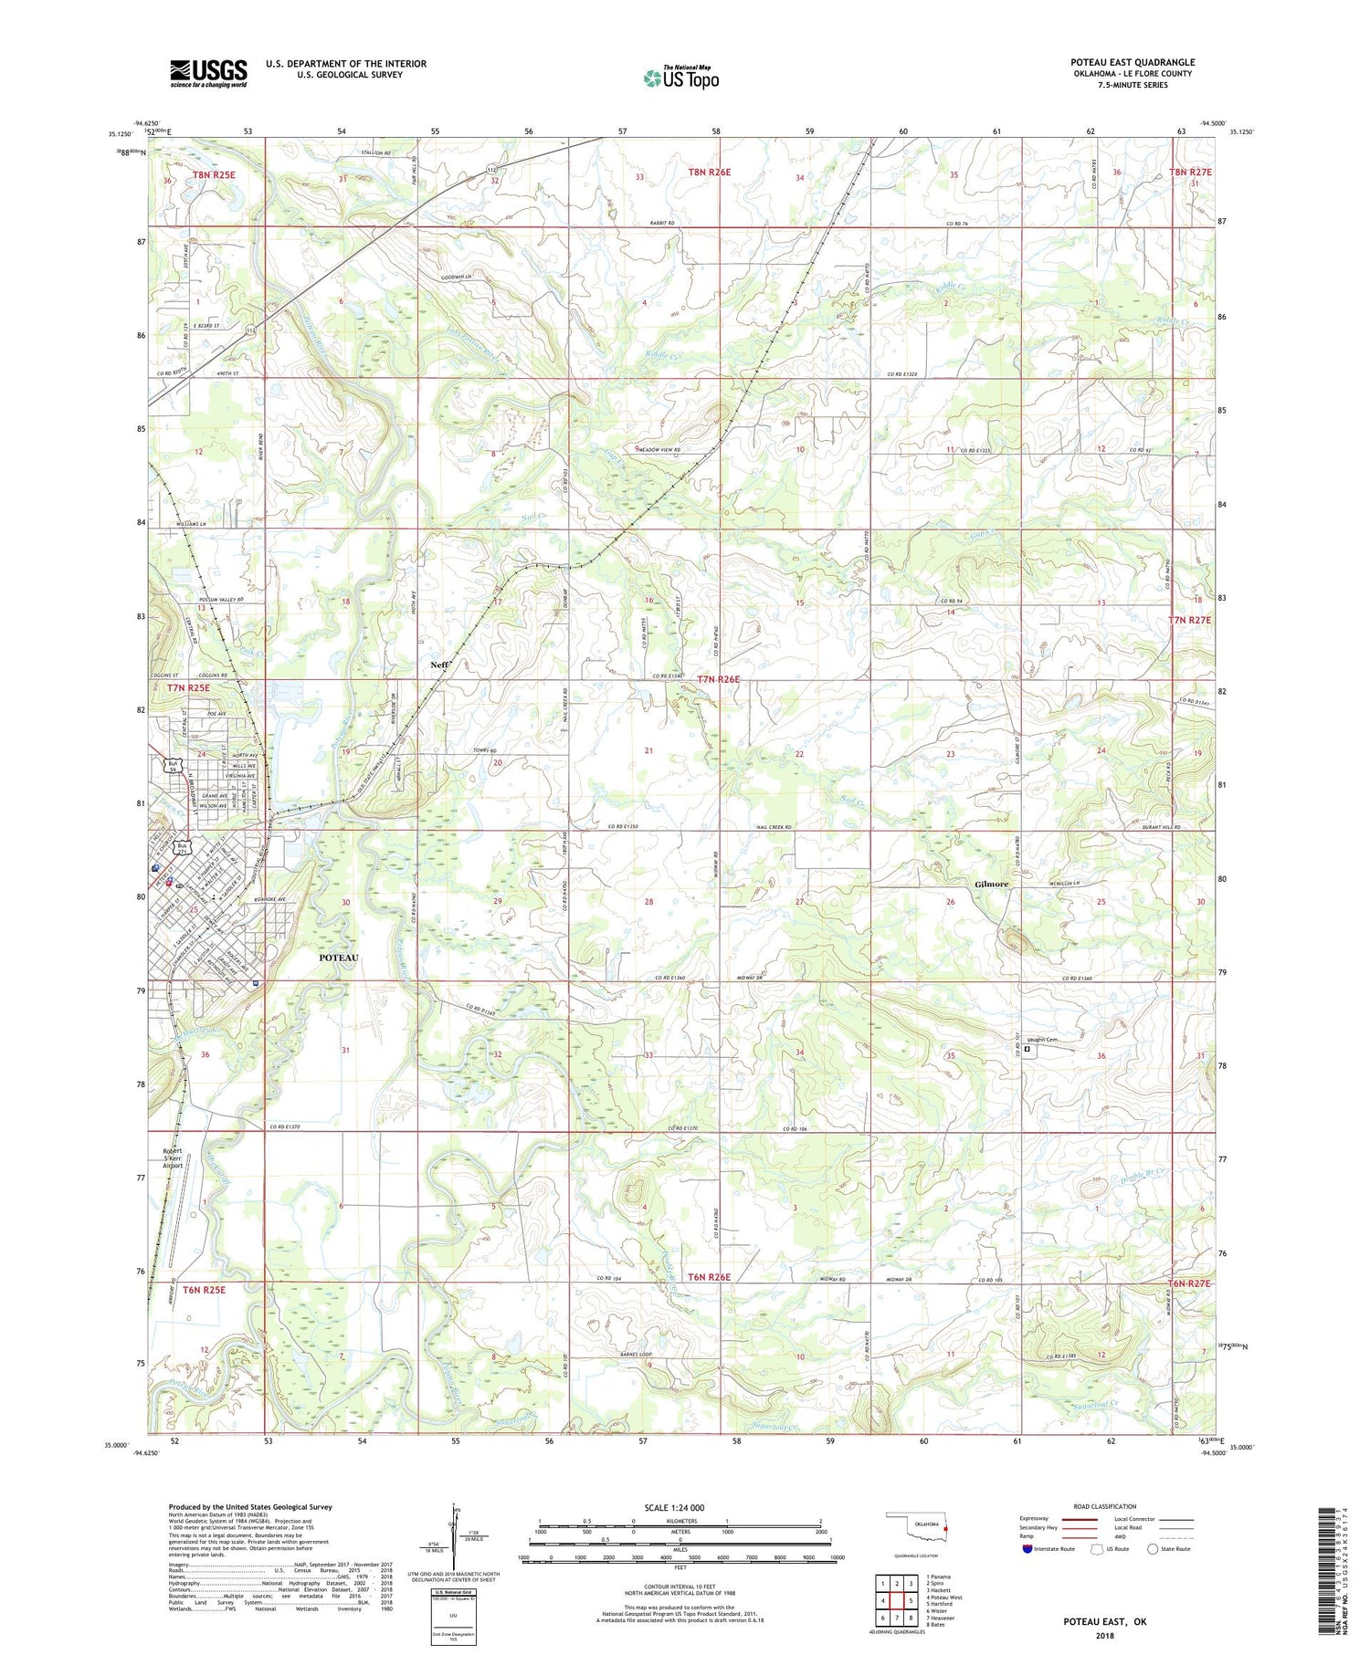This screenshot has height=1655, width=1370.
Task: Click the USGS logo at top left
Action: [208, 73]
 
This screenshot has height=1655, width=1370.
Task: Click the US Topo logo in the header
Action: [681, 78]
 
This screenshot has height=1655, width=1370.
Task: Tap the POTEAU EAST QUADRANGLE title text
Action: [1133, 62]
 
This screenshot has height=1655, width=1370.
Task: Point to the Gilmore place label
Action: [991, 885]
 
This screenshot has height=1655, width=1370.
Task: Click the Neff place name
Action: [438, 665]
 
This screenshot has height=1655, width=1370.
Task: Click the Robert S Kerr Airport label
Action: [174, 1157]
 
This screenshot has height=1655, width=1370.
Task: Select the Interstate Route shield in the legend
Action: [1027, 1549]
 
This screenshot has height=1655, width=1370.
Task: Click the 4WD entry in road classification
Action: [1122, 1535]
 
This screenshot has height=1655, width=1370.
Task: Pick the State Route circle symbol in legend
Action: [1154, 1549]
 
